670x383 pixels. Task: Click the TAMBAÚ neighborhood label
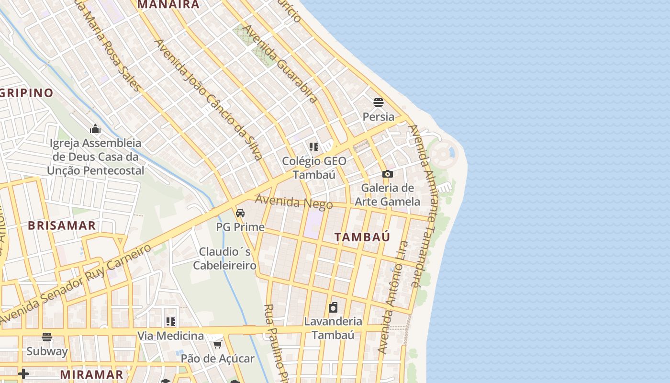[x=362, y=237]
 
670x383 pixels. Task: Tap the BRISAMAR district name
[x=62, y=226]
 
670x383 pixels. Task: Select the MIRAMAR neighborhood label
[x=92, y=374]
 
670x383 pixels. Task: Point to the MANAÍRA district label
[x=168, y=5]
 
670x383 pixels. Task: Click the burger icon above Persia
[x=379, y=102]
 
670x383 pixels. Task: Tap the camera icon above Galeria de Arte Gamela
[x=388, y=174]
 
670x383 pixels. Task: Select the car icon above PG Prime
[x=240, y=213]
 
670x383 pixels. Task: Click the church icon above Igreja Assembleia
[x=95, y=129]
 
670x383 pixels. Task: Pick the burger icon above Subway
[x=47, y=337]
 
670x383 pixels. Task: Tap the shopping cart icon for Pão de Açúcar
[x=217, y=345]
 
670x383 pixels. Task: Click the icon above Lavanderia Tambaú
[x=333, y=307]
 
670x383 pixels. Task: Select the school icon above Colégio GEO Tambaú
[x=314, y=147]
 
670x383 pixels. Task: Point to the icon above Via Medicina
[x=170, y=322]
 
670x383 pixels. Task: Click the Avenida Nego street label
[x=293, y=202]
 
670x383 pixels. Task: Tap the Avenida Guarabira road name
[x=280, y=64]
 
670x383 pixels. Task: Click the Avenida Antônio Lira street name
[x=392, y=304]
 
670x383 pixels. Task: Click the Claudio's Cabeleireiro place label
[x=225, y=259]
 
